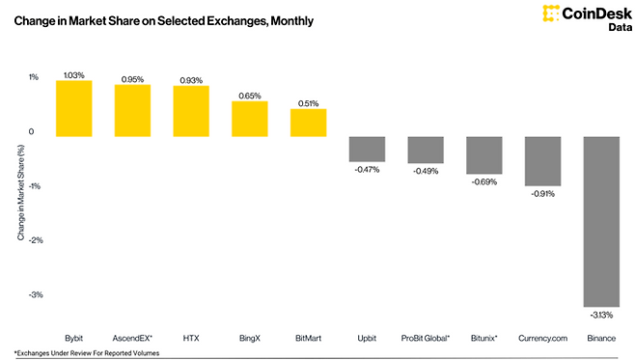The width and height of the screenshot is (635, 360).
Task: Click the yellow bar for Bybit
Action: pyautogui.click(x=73, y=108)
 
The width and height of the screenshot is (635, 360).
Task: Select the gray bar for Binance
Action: pyautogui.click(x=601, y=221)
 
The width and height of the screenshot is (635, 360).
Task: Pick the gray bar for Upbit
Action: pyautogui.click(x=367, y=149)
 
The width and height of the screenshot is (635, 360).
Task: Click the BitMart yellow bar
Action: pyautogui.click(x=308, y=123)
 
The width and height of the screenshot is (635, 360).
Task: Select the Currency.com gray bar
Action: pyautogui.click(x=542, y=160)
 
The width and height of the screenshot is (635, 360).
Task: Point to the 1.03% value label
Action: pyautogui.click(x=73, y=73)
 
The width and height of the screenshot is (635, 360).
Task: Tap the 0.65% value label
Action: pyautogui.click(x=249, y=96)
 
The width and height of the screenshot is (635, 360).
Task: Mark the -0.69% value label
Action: pyautogui.click(x=483, y=181)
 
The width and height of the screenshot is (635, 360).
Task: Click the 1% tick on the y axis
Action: pyautogui.click(x=33, y=77)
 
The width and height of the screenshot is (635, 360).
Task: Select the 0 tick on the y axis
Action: pyautogui.click(x=32, y=131)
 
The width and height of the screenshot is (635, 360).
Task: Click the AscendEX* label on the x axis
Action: pyautogui.click(x=132, y=338)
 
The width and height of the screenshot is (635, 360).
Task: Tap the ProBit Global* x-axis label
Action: pyautogui.click(x=426, y=338)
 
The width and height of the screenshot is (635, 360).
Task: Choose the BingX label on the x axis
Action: pyautogui.click(x=249, y=338)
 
